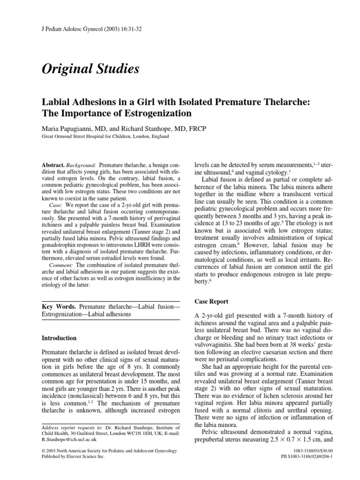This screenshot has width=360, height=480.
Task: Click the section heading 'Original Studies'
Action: pos(90,69)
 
